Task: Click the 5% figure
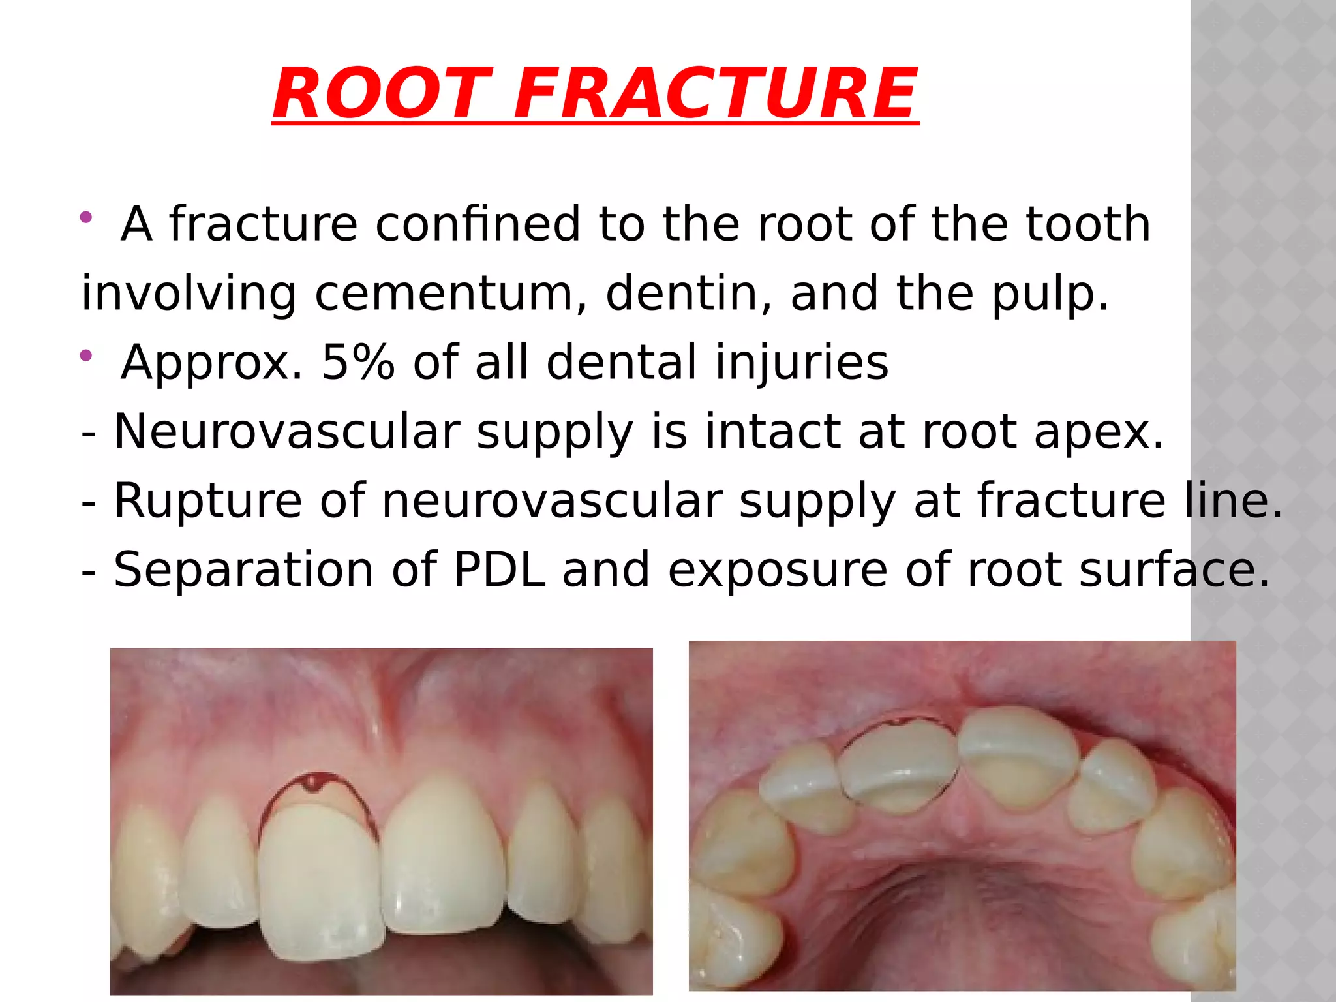tap(358, 362)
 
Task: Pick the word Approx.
tap(211, 362)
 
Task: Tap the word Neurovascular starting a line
tap(287, 431)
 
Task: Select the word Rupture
tap(207, 500)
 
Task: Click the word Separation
tap(243, 569)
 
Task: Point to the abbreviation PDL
tap(499, 569)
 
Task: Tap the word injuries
tap(802, 362)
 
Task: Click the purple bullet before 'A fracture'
tap(85, 217)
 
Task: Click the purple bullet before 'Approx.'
tap(85, 356)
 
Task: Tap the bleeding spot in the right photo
tap(900, 721)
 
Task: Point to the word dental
tap(622, 362)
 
